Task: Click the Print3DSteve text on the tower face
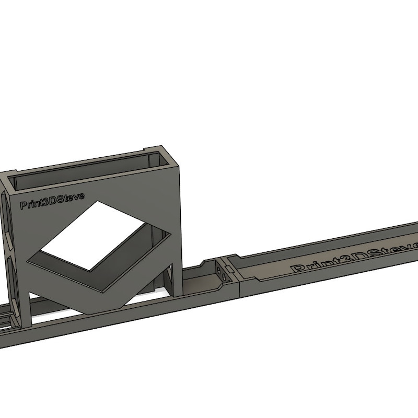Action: [x=52, y=201]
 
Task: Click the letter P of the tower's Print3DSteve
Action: [x=24, y=205]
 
